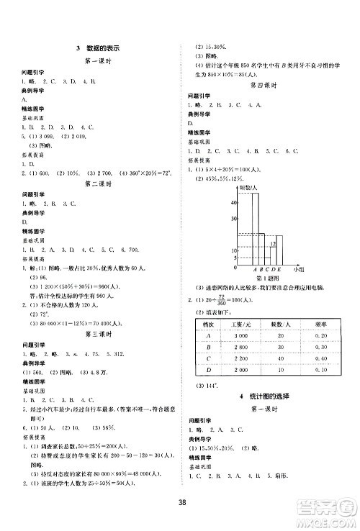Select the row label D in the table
[208, 370]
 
